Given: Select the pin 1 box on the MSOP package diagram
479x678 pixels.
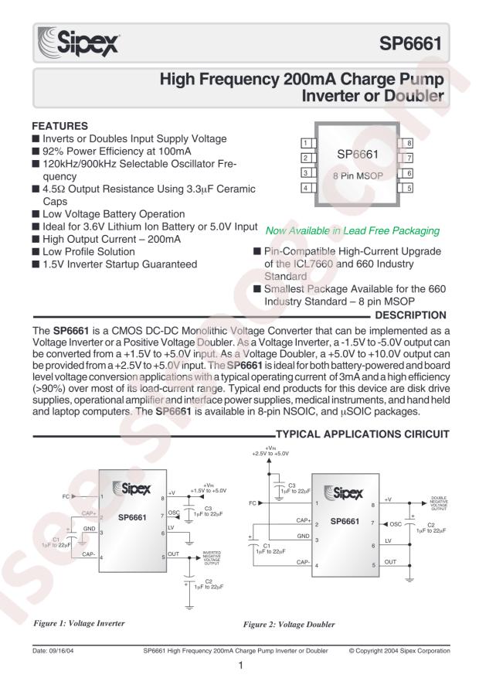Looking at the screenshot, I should click(x=306, y=143).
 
